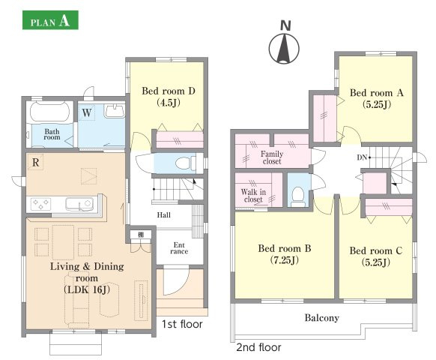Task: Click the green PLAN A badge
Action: pos(50,20)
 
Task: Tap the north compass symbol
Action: pos(284,48)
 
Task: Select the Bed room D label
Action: pos(169,96)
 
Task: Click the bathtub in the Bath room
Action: pos(49,112)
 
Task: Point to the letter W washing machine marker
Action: pos(87,112)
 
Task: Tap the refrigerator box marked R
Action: pos(35,162)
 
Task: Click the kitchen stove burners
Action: pos(40,204)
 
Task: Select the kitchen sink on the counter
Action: pos(79,204)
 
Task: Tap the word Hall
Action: pos(164,215)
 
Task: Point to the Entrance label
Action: pos(179,248)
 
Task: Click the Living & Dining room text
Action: pos(87,272)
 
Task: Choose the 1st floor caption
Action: pos(182,324)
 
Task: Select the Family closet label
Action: pos(272,157)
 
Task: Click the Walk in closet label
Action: pos(253,196)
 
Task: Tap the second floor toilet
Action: pos(298,196)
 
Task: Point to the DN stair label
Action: pos(362,157)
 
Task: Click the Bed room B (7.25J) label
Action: pos(285,254)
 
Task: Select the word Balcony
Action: pos(322,318)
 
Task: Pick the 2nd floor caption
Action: pos(258,347)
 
